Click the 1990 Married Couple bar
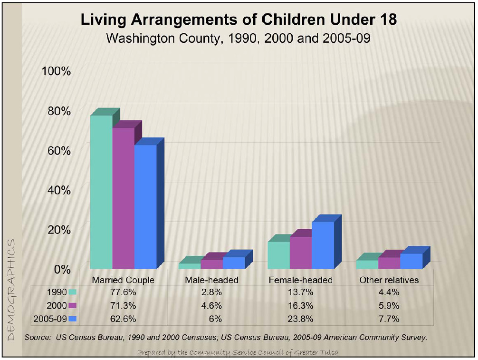click(x=101, y=193)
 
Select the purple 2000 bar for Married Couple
click(x=123, y=199)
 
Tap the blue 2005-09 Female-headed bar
click(x=323, y=245)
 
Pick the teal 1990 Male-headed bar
click(x=189, y=266)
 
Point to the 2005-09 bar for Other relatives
click(x=411, y=261)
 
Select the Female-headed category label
click(x=301, y=280)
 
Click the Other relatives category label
click(x=389, y=280)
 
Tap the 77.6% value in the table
click(x=123, y=292)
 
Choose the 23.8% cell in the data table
click(x=301, y=319)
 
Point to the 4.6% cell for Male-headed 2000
click(x=211, y=305)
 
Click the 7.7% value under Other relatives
click(x=389, y=319)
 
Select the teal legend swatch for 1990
click(x=72, y=292)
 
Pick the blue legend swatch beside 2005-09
click(x=72, y=319)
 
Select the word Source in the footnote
click(x=35, y=338)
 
